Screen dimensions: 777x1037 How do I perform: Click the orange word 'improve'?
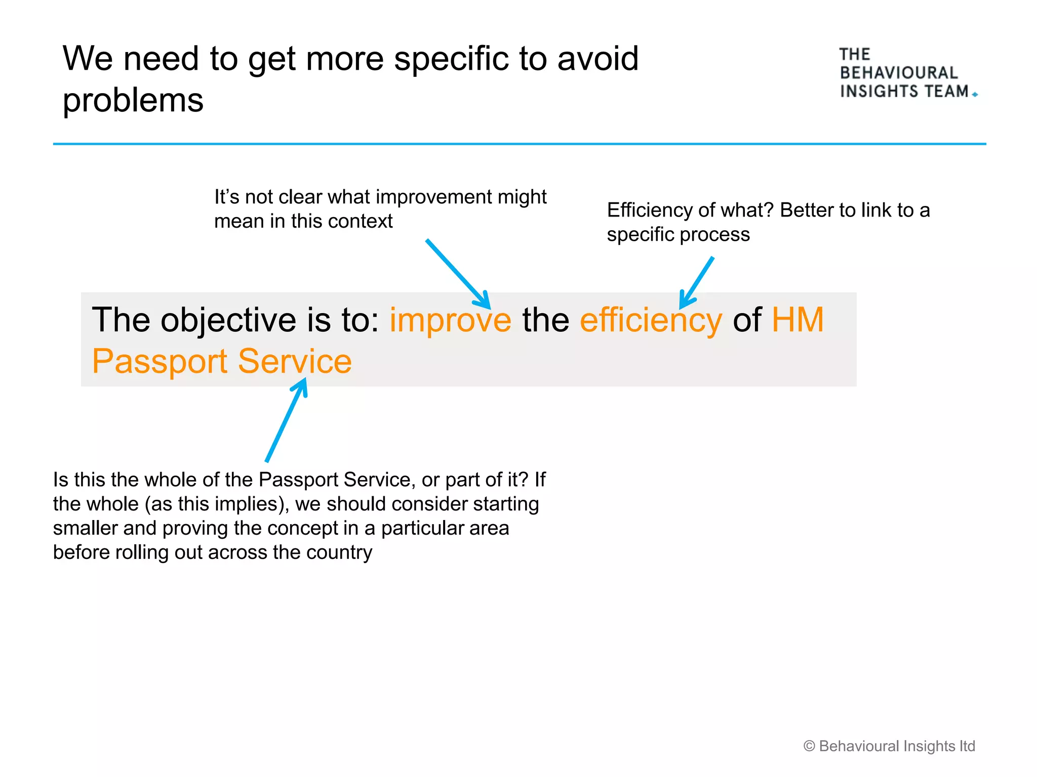[450, 320]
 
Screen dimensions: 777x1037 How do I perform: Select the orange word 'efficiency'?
[651, 320]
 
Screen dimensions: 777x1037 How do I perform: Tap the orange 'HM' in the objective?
[797, 320]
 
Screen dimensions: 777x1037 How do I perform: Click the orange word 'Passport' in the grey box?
[159, 362]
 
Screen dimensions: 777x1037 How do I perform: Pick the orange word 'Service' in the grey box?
[295, 361]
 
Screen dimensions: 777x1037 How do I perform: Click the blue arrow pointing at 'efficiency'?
[697, 282]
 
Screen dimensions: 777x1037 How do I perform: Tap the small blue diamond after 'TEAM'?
[975, 95]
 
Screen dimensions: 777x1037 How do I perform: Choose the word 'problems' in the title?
[133, 100]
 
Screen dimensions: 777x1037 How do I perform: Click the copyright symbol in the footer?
[809, 746]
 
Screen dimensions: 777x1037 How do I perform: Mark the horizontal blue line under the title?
[520, 144]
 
